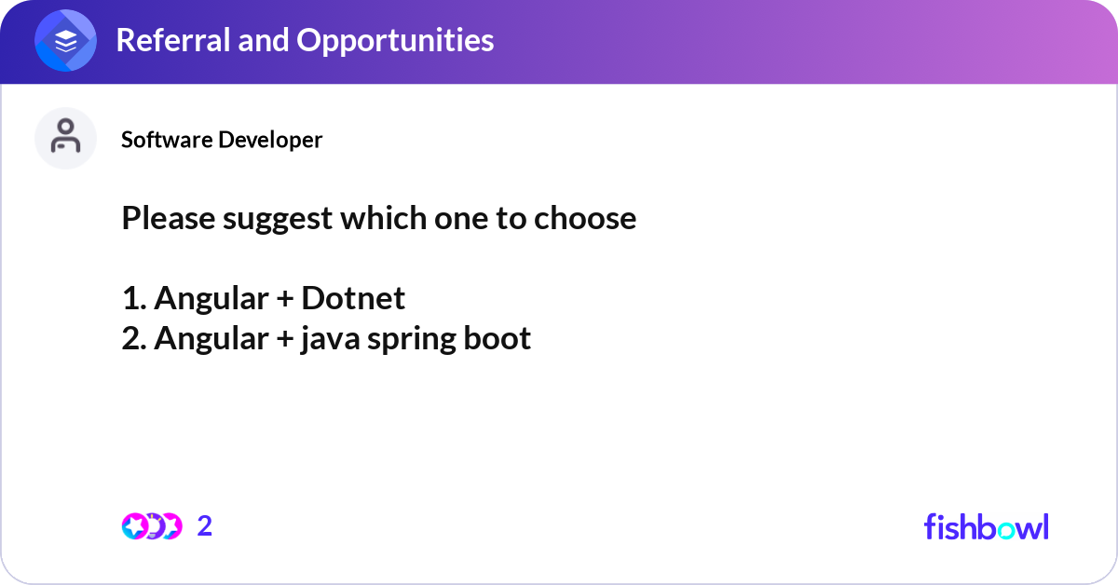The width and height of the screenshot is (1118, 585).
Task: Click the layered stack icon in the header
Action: point(65,40)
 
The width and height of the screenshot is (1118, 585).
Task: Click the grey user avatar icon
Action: point(65,138)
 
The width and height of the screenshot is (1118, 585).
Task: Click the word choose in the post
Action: point(585,219)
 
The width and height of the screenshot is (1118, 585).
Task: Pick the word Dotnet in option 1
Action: point(353,298)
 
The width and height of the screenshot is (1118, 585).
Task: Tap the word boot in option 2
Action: point(498,338)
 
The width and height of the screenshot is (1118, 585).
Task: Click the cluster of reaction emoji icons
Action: point(152,526)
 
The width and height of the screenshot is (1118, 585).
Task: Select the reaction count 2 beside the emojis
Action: point(205,526)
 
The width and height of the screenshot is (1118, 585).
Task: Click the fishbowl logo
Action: point(986,526)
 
